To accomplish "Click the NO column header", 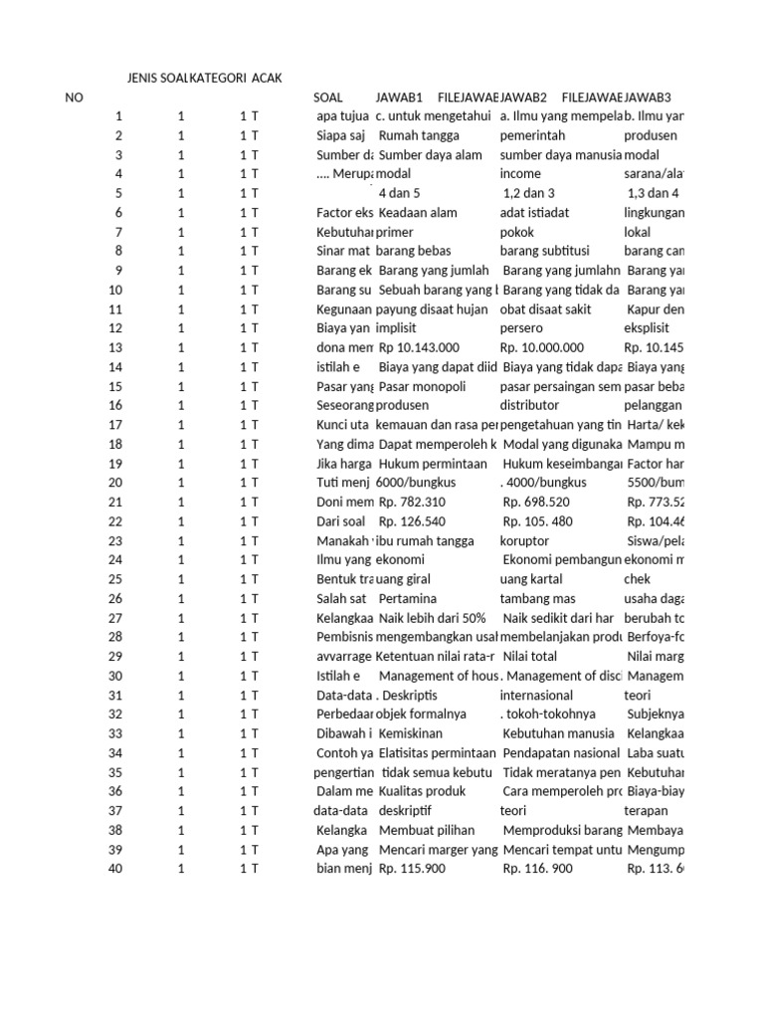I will pos(74,98).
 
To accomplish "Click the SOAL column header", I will pos(327,98).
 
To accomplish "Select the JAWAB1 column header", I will pos(399,98).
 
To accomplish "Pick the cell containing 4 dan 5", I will pos(400,194).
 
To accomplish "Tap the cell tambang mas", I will pos(535,599).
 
